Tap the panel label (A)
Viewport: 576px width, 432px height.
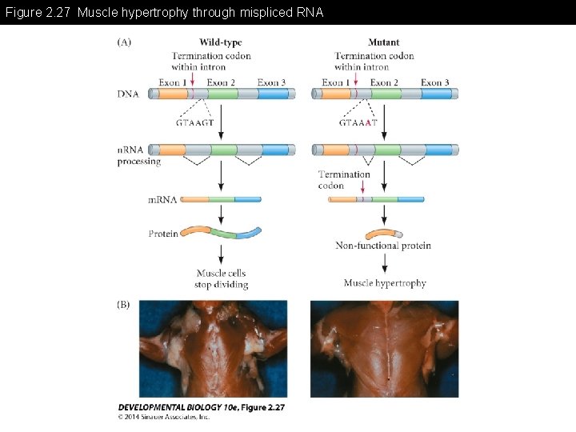125,42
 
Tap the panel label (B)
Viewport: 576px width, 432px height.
125,304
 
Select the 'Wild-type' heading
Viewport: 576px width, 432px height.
221,42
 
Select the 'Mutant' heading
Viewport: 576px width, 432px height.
383,42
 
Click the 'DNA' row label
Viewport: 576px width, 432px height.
128,94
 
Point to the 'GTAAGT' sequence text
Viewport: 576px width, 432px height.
194,122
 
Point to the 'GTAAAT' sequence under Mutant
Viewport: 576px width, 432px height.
358,122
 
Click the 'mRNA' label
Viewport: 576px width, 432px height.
162,199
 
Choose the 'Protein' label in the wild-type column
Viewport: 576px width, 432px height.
163,234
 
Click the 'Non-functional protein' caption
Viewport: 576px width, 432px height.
383,246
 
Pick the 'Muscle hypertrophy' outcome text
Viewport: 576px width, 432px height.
385,282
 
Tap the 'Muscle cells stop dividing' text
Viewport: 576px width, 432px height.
222,278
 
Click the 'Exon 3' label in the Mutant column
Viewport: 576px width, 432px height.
434,82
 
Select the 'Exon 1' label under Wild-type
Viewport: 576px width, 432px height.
173,82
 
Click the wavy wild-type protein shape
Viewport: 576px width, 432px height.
221,232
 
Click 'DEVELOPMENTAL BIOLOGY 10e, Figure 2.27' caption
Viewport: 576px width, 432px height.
201,407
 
